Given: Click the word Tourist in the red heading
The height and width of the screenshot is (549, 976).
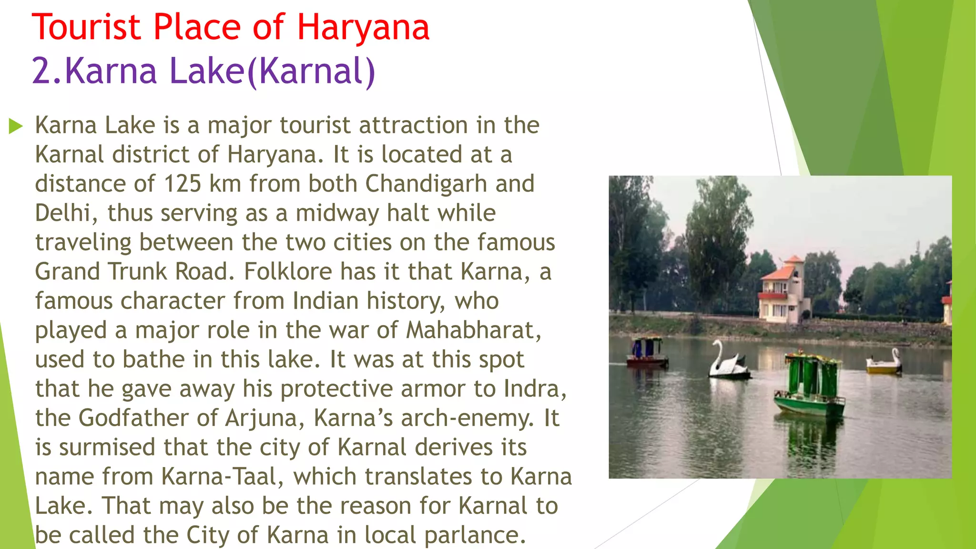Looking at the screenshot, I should (x=86, y=27).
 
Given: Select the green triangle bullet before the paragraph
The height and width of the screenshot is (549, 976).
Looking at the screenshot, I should (x=16, y=126).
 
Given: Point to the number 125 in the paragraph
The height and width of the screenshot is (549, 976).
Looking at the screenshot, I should (x=183, y=184).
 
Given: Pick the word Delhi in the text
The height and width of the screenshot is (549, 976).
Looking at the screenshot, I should (x=62, y=213).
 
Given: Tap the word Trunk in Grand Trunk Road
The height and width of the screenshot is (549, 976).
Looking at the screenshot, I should (x=138, y=272).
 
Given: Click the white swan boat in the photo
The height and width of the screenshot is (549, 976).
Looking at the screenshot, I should (x=727, y=363).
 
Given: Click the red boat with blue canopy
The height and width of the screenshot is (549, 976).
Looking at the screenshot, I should (x=647, y=353).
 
